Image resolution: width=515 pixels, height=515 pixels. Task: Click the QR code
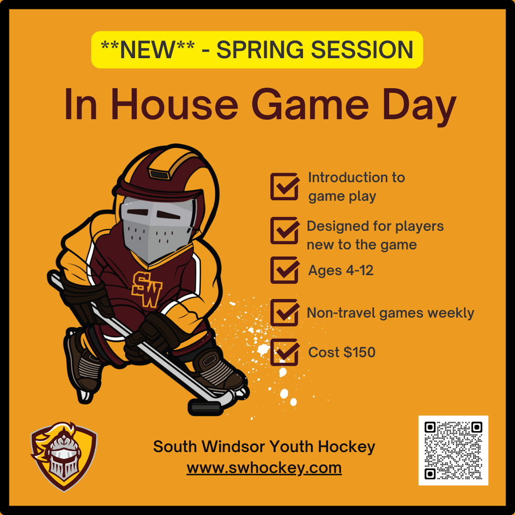tap(453, 450)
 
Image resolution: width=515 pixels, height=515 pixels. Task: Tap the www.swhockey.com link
tap(264, 468)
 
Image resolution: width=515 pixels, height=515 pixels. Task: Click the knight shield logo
tap(64, 456)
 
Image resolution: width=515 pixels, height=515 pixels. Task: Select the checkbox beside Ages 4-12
tap(285, 270)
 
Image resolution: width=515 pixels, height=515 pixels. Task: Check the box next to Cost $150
tap(285, 352)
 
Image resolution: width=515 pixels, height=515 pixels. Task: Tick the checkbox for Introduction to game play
tap(285, 186)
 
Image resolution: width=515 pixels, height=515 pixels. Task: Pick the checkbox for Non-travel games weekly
tap(285, 313)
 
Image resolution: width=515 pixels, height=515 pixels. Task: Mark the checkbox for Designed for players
tap(285, 230)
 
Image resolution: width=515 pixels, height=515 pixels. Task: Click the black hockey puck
tap(205, 407)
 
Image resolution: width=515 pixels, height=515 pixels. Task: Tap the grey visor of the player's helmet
tap(157, 228)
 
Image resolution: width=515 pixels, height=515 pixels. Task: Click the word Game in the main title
tap(311, 105)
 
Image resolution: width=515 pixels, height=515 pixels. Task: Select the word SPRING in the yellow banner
tap(260, 50)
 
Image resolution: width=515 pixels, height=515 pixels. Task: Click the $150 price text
tap(359, 352)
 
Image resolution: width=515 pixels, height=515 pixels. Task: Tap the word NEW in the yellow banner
tap(147, 50)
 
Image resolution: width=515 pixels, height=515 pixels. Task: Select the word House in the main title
tap(175, 105)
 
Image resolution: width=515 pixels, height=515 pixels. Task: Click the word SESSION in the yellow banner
tap(362, 50)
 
